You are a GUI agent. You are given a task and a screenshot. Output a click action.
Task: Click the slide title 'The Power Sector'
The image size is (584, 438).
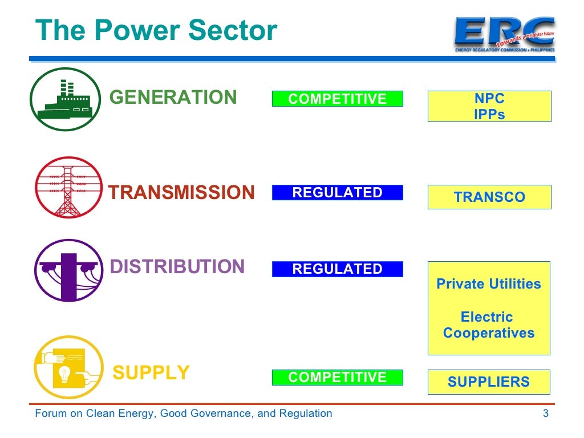coord(156,30)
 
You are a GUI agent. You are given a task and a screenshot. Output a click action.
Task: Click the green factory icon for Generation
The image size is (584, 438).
coord(64,99)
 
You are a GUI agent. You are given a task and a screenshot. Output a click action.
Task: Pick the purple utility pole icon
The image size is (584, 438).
coord(68,270)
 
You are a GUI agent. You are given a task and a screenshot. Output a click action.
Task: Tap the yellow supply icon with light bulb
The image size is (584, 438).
coord(68,367)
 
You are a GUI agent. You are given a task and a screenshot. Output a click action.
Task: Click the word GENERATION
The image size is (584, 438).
coord(173,98)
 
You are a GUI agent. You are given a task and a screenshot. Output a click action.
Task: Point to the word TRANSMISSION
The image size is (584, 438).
coord(181,193)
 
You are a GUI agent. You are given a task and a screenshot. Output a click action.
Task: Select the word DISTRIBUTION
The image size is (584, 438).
coord(177,267)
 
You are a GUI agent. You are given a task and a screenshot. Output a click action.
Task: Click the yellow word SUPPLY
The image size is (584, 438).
coord(151,372)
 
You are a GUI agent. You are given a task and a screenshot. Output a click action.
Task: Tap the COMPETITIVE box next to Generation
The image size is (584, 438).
coord(337,99)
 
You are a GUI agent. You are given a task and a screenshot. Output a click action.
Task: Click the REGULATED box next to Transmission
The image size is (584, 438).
coord(337,193)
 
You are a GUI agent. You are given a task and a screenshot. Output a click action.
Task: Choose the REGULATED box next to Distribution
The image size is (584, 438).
coord(337,269)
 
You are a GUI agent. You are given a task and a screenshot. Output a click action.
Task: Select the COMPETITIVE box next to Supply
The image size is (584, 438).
coord(337,377)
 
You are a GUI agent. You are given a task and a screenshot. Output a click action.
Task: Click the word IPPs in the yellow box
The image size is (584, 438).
coord(489,114)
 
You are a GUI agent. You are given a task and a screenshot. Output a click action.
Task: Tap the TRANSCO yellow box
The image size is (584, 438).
coord(489,197)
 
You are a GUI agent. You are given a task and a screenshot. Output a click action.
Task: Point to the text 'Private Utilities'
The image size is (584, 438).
coord(489,284)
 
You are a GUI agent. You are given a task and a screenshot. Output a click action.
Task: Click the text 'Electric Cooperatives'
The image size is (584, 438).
coord(489,325)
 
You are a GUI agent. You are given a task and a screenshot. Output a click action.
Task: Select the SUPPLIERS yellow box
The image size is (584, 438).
coord(489,382)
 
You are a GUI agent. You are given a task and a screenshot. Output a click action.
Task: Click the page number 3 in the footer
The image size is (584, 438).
coord(546,413)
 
